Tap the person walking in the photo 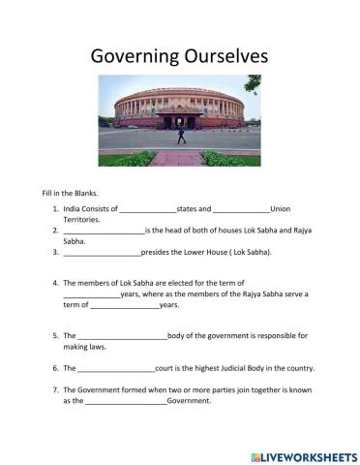point(180,136)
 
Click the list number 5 point(56,336)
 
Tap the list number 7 point(56,389)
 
